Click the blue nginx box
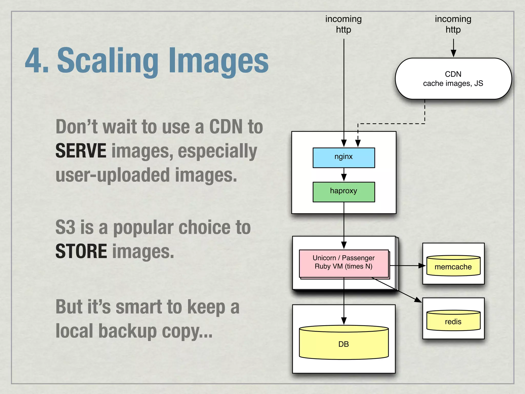click(x=344, y=157)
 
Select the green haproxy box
click(x=344, y=192)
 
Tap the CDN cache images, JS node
click(x=453, y=78)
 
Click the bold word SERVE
click(x=81, y=151)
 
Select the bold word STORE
click(x=81, y=251)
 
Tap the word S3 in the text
click(x=65, y=227)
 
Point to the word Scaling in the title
click(x=108, y=61)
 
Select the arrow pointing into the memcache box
click(x=420, y=266)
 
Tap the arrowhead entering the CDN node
click(x=453, y=53)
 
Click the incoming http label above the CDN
click(x=453, y=24)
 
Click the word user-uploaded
click(x=113, y=175)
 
